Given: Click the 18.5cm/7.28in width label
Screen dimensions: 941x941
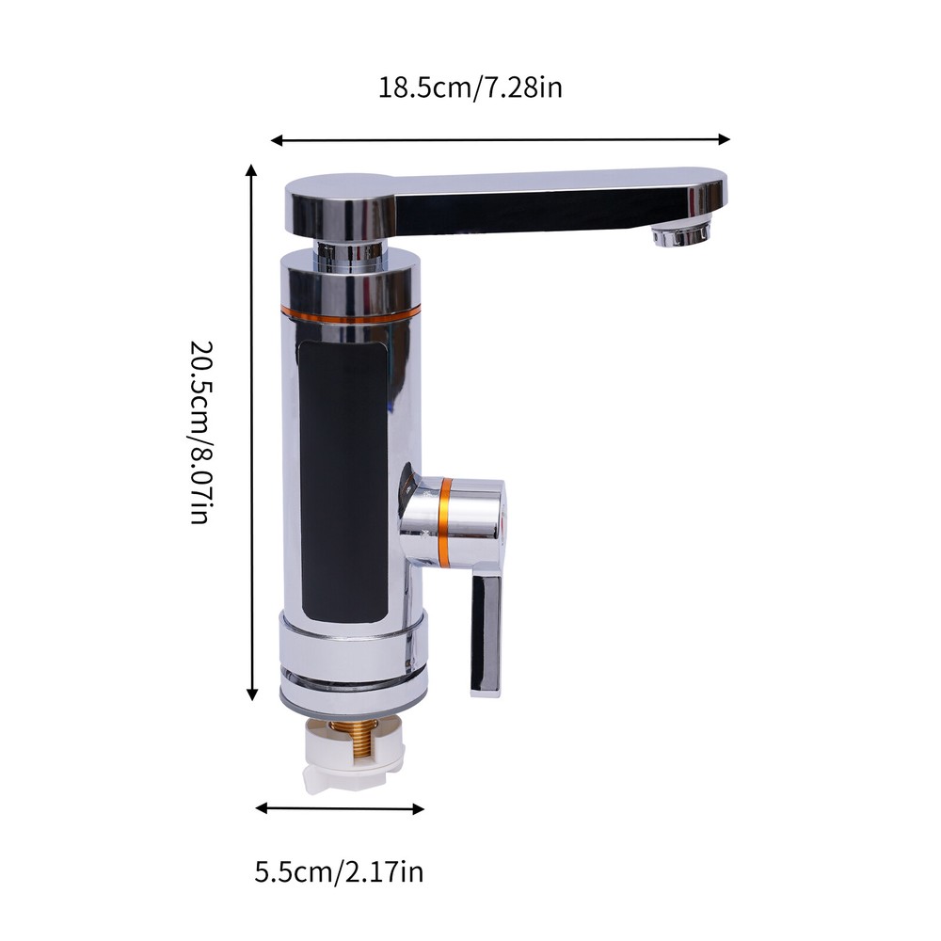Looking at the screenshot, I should (x=470, y=88).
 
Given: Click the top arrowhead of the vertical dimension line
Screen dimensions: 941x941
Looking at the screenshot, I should (x=251, y=170).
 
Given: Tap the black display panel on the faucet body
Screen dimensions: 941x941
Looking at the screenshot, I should (x=344, y=480).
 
